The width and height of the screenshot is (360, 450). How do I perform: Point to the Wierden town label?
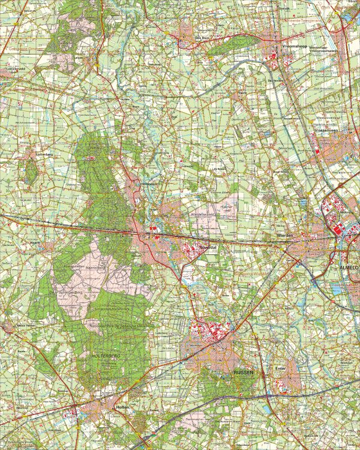(x=285, y=236)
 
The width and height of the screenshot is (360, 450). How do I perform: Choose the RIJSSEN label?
(x=244, y=373)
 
